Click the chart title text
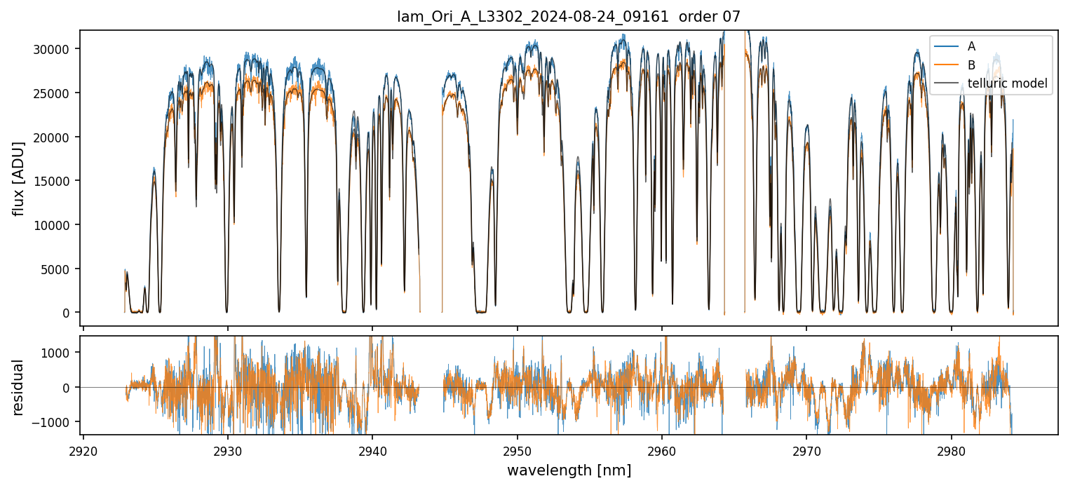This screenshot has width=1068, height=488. (569, 17)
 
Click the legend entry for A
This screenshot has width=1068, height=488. (971, 46)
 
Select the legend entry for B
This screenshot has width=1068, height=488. (971, 65)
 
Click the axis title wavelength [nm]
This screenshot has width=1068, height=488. (569, 470)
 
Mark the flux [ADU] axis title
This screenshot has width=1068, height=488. (19, 178)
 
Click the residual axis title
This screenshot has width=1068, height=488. (19, 387)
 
